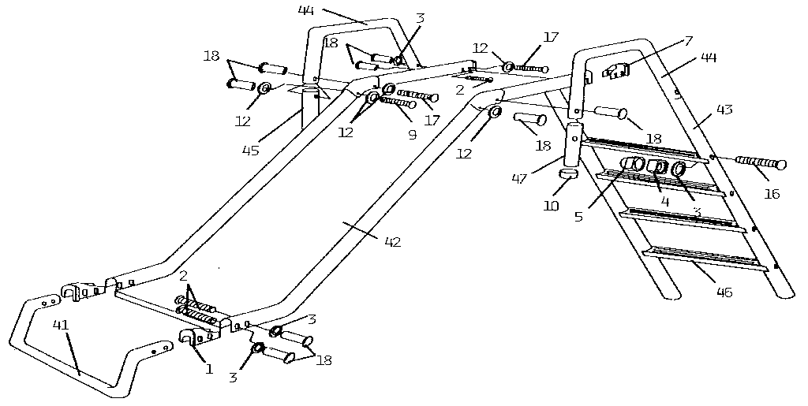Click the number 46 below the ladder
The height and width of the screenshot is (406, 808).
tap(723, 293)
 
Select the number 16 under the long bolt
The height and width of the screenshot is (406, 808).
tap(772, 193)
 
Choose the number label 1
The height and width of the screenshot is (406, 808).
tap(210, 368)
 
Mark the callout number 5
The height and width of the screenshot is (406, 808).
tap(579, 216)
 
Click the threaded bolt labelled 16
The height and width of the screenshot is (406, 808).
tap(760, 163)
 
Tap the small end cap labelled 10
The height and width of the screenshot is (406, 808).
tap(569, 173)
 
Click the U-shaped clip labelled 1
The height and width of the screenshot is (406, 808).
tap(193, 338)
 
